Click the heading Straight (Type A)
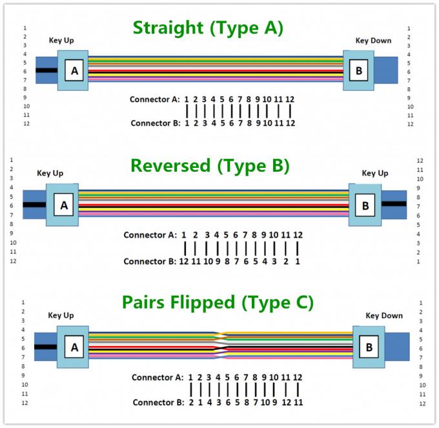tap(208, 28)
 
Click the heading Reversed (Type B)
tap(210, 166)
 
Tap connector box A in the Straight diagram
tap(75, 70)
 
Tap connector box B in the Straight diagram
tap(360, 70)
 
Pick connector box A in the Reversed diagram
tap(63, 206)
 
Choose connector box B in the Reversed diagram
tap(365, 206)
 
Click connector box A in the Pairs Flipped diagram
tap(74, 347)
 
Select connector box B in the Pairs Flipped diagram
tap(369, 347)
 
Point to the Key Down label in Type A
tap(373, 41)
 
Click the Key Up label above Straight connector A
tap(61, 41)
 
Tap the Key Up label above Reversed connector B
tap(374, 173)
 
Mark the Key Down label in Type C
tap(384, 316)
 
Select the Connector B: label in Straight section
tap(155, 123)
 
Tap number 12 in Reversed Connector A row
tap(298, 236)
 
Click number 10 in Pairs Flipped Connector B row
tap(265, 402)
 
